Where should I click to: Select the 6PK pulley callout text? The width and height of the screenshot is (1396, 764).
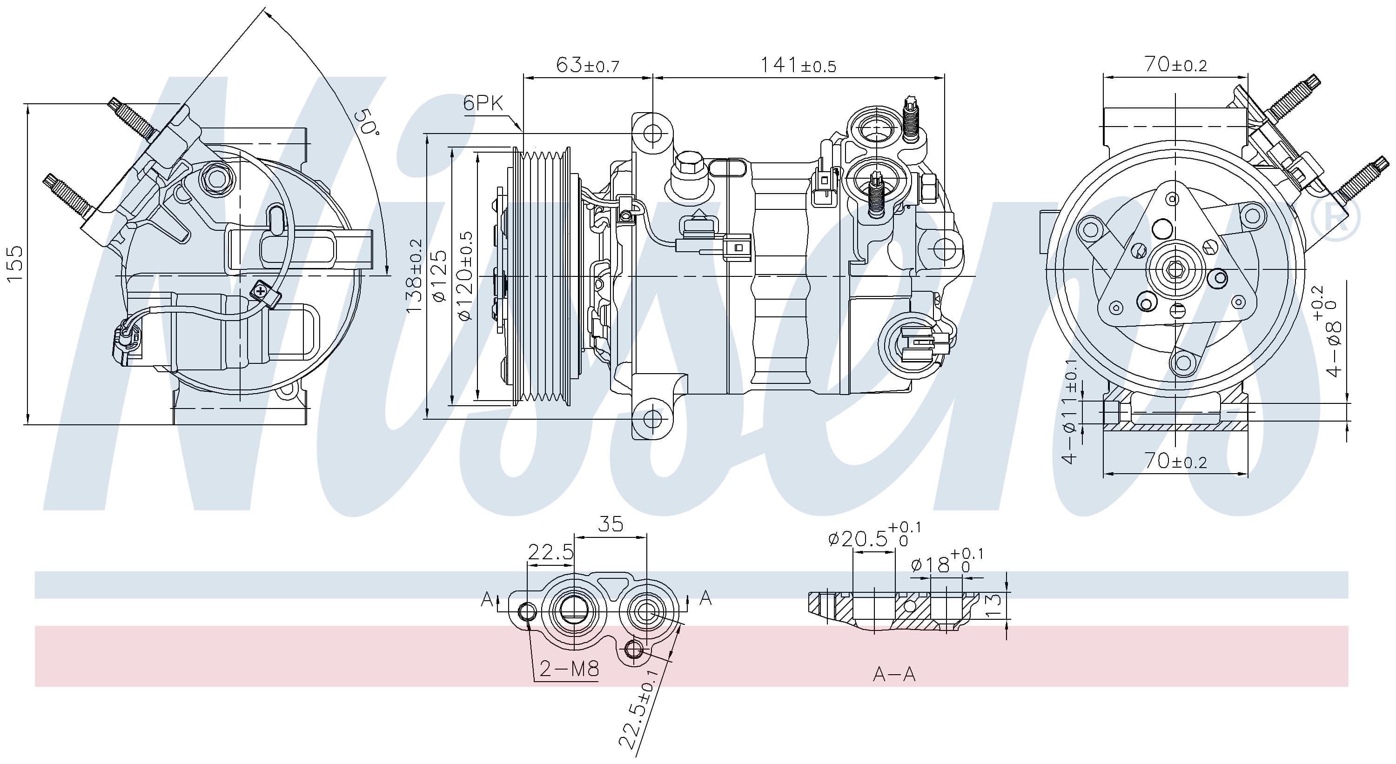click(483, 102)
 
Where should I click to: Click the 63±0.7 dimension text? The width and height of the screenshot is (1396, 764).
click(587, 65)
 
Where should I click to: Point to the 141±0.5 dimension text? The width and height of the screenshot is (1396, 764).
click(798, 65)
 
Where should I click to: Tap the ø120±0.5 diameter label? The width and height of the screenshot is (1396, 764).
click(465, 276)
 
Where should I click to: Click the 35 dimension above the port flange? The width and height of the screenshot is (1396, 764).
click(611, 524)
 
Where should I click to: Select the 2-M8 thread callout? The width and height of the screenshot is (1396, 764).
click(569, 669)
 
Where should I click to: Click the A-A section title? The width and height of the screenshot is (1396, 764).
click(894, 675)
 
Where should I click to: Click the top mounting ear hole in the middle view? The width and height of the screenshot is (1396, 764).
click(652, 133)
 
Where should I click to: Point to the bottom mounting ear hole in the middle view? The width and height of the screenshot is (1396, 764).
click(652, 418)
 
